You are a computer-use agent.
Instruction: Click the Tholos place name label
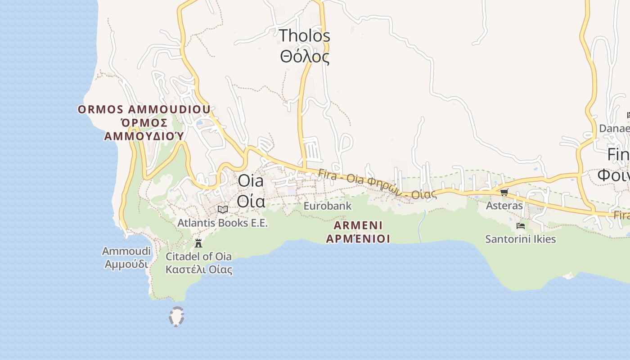(x=305, y=36)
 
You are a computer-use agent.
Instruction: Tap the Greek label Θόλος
(x=305, y=57)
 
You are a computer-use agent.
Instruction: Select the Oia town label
(x=251, y=181)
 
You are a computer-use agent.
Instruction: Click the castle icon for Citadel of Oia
(x=198, y=243)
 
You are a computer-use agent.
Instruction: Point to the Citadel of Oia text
(x=198, y=256)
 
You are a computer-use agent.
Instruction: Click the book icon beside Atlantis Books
(x=223, y=209)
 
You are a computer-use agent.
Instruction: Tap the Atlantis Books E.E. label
(x=222, y=223)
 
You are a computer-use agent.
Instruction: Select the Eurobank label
(x=327, y=206)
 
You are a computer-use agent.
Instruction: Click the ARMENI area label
(x=358, y=225)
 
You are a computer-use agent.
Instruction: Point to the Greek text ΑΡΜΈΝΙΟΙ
(x=358, y=238)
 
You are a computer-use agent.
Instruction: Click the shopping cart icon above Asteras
(x=504, y=193)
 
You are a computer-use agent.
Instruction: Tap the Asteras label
(x=504, y=206)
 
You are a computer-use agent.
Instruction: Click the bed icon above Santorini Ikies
(x=521, y=225)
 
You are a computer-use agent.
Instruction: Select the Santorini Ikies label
(x=520, y=239)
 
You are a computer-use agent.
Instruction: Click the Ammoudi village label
(x=126, y=251)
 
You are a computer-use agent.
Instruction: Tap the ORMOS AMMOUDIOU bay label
(x=144, y=109)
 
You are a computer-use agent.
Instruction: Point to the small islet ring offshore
(x=176, y=316)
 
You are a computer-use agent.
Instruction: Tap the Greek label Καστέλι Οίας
(x=198, y=270)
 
